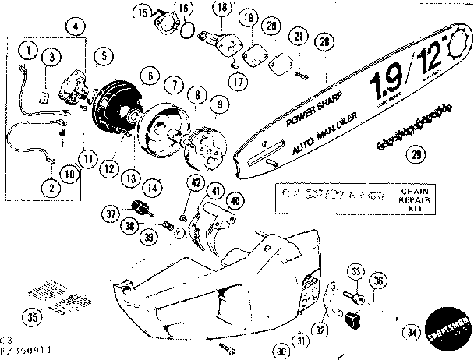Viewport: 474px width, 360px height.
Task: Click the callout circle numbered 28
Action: [324, 41]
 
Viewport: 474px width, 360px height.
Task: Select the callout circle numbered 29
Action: [417, 154]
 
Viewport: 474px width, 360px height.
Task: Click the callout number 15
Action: [143, 12]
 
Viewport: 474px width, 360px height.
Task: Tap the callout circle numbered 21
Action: [298, 37]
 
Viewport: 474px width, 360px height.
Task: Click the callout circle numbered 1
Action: [29, 51]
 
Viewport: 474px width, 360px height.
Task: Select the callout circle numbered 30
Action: [280, 351]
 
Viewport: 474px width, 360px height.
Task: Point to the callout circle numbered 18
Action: [221, 9]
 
